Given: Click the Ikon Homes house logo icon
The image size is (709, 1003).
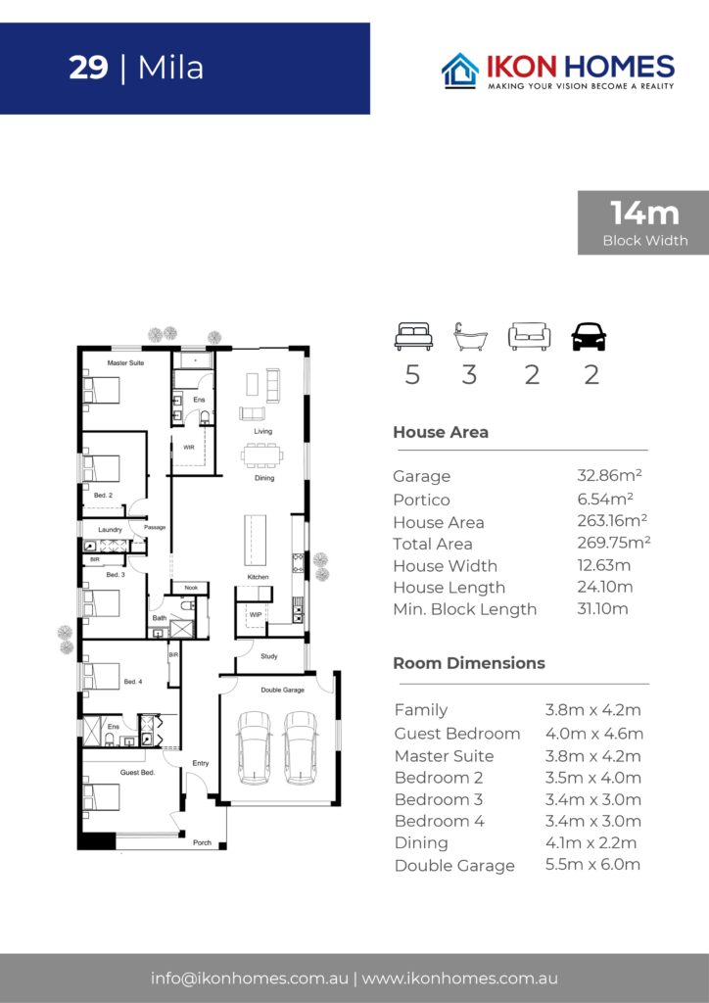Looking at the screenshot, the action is click(460, 71).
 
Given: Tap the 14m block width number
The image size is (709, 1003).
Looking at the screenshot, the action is click(644, 213).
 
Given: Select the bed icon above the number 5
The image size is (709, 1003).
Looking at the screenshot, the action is click(413, 337).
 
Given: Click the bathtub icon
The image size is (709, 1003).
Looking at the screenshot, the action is click(470, 337).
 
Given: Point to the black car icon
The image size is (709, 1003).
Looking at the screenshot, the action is click(589, 337).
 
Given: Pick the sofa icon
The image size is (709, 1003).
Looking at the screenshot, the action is click(529, 337).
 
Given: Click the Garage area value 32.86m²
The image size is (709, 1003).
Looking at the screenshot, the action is click(609, 475).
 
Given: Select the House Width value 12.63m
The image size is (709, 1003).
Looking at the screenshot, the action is click(603, 565).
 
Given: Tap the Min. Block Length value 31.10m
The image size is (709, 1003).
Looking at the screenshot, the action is click(602, 608).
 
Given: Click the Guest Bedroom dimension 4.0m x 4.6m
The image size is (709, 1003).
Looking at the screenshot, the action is click(593, 733).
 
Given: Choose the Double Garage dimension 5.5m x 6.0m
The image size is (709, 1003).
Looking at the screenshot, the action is click(592, 864).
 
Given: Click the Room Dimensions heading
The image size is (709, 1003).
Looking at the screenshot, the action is click(469, 663).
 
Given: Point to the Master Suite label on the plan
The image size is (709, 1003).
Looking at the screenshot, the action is click(125, 362).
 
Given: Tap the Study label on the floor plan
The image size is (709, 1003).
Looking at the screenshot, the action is click(269, 656).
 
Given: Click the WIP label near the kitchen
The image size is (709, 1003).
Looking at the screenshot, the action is click(256, 615).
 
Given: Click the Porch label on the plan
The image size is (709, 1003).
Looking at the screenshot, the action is click(202, 842).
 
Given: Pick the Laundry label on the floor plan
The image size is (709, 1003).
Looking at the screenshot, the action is click(110, 530).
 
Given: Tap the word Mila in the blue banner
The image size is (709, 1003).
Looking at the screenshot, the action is click(170, 69).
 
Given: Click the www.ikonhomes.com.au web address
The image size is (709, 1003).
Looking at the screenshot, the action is click(459, 979).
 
